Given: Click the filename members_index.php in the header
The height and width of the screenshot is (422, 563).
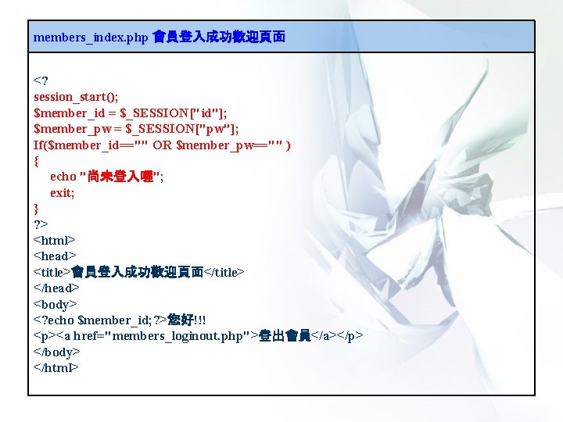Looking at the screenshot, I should (91, 37).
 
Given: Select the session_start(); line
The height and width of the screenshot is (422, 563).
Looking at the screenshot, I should (76, 97).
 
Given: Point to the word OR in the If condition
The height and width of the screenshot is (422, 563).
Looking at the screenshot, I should (163, 145).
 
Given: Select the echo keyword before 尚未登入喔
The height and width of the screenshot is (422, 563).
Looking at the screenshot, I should (63, 177).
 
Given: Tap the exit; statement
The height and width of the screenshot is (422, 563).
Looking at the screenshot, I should (63, 193).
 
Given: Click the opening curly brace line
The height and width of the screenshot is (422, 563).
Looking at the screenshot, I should (36, 161).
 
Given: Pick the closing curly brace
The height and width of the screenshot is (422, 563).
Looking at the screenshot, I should (36, 209).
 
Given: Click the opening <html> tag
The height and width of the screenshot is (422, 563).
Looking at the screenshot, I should (55, 241).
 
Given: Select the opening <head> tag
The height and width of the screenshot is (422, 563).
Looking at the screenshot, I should (55, 256).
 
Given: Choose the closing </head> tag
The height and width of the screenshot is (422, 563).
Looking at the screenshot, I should (57, 288).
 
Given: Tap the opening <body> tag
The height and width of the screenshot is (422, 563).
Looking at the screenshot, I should (56, 304).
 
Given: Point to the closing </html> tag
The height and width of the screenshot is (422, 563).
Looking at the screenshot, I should (57, 367).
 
